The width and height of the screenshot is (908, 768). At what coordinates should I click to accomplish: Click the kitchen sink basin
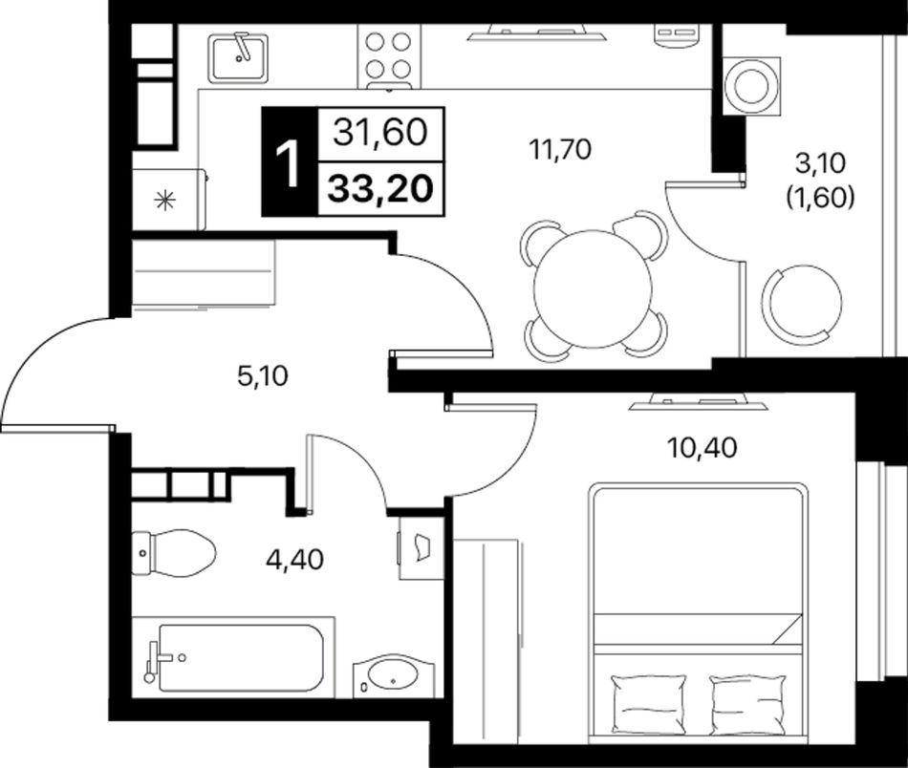(x=239, y=57)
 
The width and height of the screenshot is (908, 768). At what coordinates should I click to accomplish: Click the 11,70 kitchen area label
(x=560, y=149)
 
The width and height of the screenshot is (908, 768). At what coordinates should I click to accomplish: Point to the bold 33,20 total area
(x=380, y=189)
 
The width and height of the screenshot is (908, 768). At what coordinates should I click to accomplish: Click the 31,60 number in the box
(x=380, y=133)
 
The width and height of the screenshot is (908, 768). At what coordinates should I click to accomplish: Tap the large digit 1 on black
(x=289, y=165)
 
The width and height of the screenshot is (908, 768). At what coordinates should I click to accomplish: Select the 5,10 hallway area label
(x=262, y=376)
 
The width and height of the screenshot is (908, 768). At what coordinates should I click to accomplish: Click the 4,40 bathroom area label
(x=294, y=559)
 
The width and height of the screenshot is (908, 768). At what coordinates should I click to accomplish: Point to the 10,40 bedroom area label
(x=702, y=447)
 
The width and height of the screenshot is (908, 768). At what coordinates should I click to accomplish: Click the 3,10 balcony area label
(x=820, y=163)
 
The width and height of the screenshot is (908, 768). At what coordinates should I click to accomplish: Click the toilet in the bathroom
(x=174, y=552)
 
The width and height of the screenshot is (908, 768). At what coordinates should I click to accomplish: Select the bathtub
(x=233, y=657)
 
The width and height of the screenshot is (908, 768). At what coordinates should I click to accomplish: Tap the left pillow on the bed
(x=649, y=704)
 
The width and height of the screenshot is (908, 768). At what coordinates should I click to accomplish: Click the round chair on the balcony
(x=806, y=302)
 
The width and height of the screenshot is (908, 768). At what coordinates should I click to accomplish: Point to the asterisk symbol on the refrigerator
(x=164, y=201)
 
